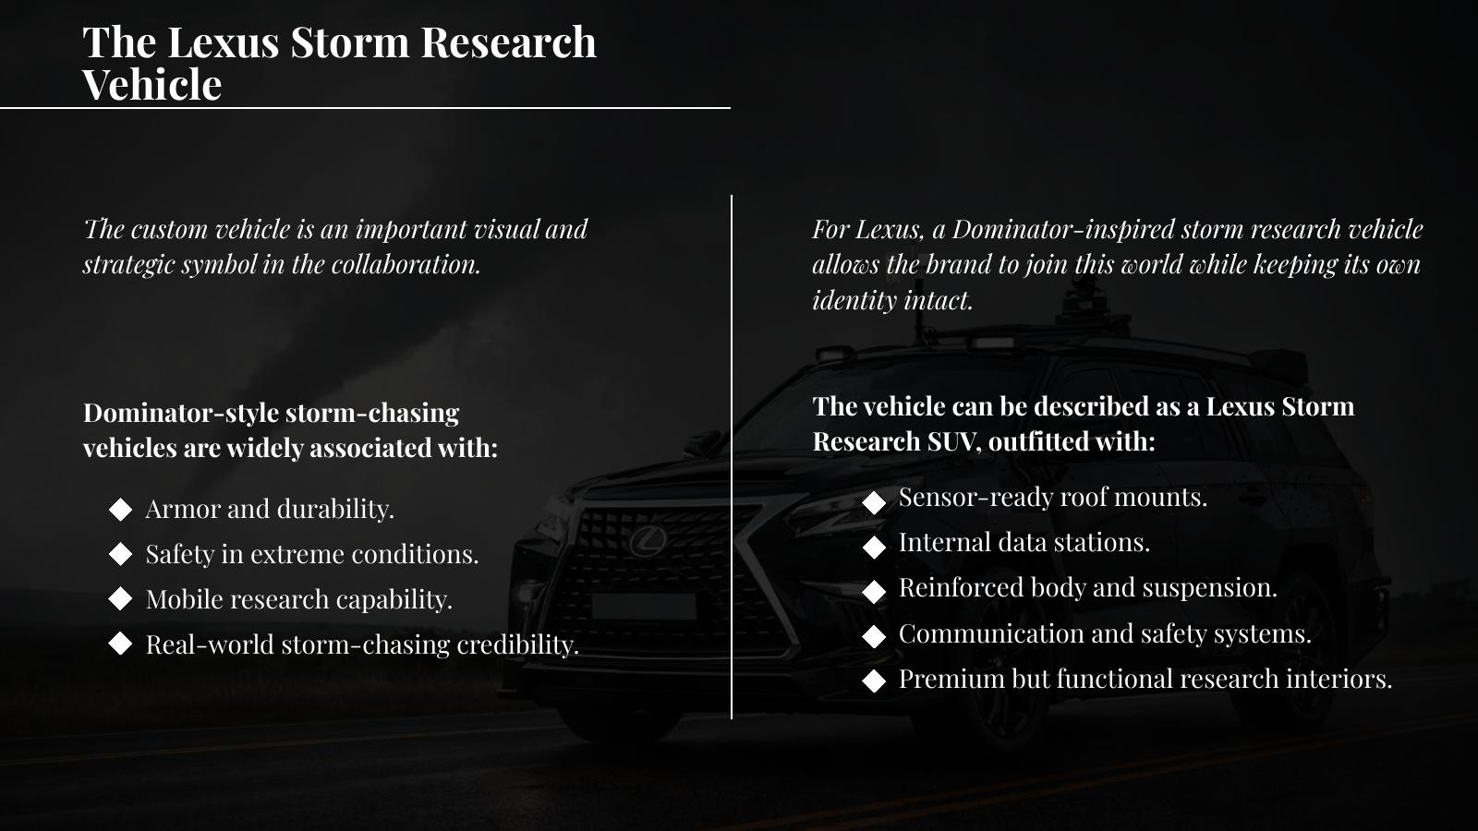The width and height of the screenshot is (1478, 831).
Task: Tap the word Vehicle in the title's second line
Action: coord(152,84)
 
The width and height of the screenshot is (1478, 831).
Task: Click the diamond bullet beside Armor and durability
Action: coord(120,509)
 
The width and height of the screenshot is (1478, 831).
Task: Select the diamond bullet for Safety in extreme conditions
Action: coord(120,554)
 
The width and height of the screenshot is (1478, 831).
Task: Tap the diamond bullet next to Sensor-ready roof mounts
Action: coord(874,502)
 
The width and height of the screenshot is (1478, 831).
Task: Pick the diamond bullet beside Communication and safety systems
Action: coord(874,636)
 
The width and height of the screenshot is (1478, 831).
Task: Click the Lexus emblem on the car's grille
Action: coord(648,541)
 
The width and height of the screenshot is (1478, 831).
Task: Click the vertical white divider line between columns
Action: coord(731,456)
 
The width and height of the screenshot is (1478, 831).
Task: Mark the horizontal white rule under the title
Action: coord(365,107)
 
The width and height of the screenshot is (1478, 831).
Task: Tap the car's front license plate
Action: coord(644,606)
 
